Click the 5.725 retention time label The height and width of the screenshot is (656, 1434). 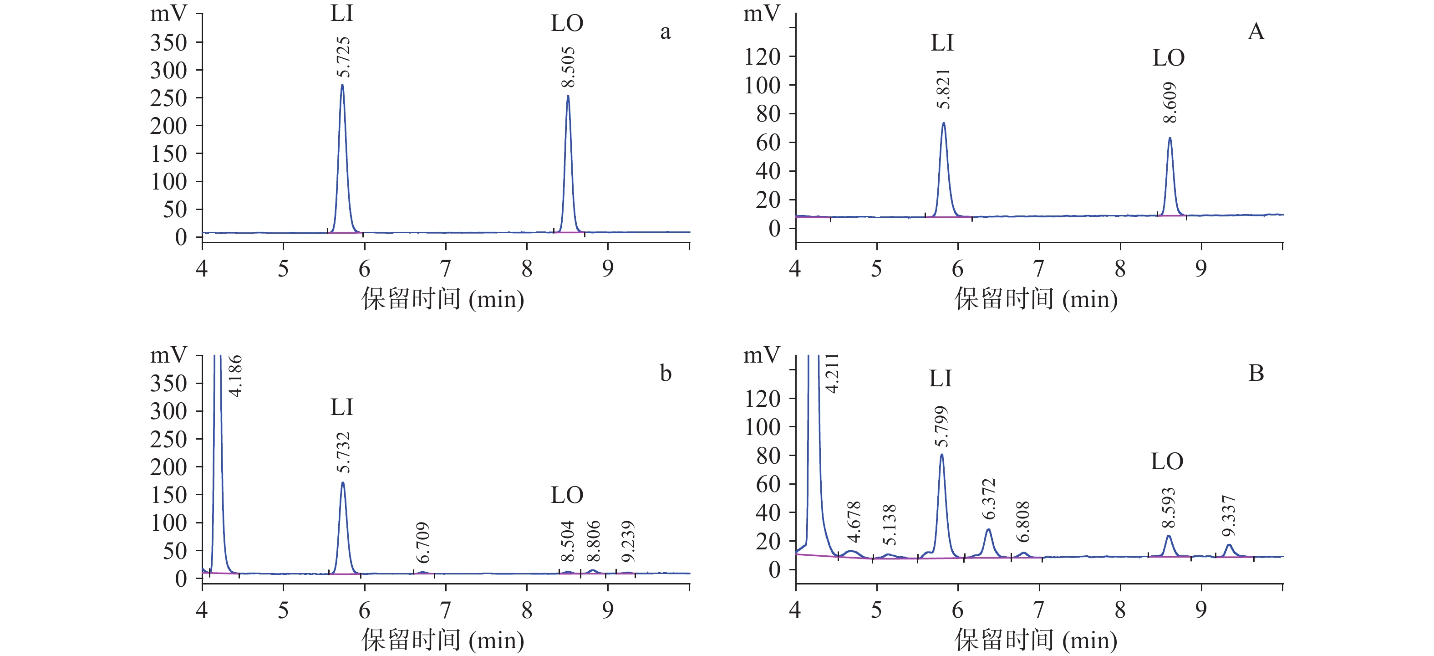point(343,57)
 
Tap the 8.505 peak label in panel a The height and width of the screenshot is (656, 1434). point(569,67)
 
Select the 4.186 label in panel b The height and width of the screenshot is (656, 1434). point(236,376)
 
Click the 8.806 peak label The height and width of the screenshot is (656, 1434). point(594,541)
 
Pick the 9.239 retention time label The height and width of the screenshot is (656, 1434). point(628,542)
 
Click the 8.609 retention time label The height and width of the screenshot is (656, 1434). point(1170,102)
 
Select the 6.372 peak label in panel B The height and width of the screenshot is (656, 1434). point(988,499)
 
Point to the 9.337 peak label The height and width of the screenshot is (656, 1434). point(1229,516)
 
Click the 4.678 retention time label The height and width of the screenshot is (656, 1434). point(854,522)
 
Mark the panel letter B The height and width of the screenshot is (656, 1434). point(1256,373)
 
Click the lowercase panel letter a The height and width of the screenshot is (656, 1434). point(665,32)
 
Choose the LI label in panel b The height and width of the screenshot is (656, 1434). point(341,408)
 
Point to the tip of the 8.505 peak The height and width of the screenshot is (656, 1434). point(568,96)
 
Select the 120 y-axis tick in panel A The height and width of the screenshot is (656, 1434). point(762,57)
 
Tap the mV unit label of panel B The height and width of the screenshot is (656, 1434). point(762,355)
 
